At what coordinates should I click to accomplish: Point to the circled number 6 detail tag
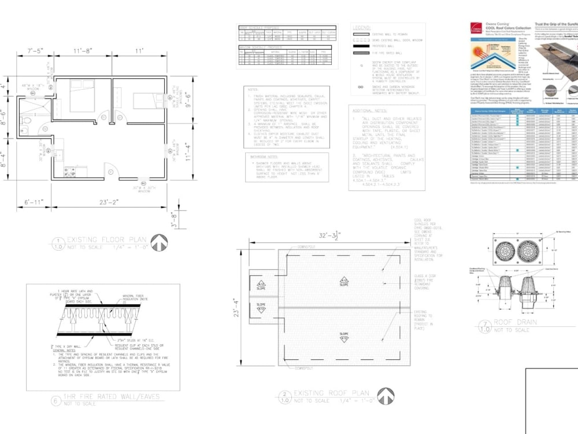pos(56,400)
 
